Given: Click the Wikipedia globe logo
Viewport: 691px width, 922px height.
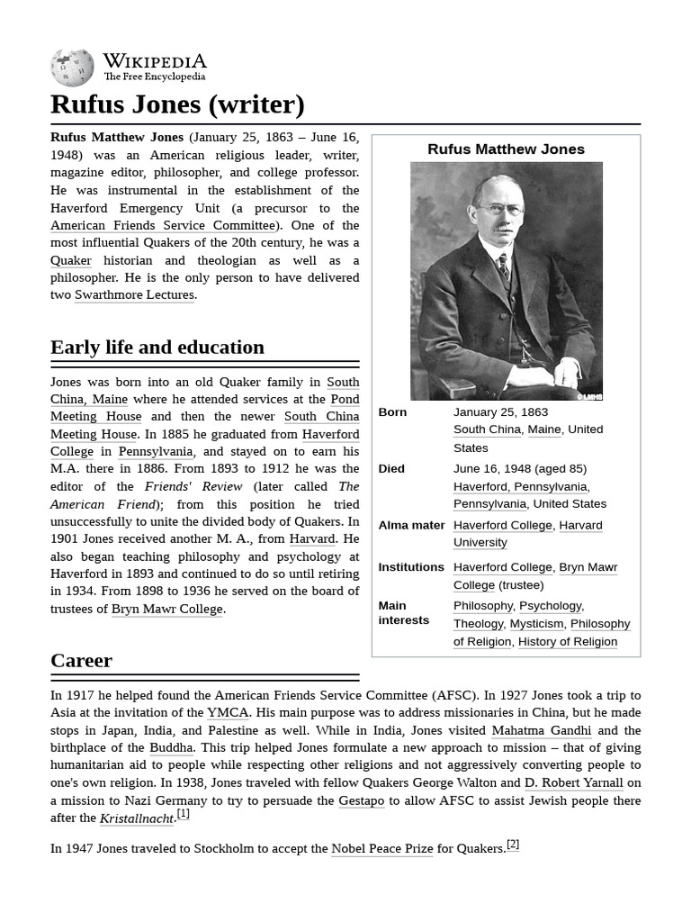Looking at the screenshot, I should [x=72, y=68].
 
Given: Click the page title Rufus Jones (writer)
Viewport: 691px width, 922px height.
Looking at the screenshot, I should [x=177, y=104].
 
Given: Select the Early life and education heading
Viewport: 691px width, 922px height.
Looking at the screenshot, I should [x=157, y=348].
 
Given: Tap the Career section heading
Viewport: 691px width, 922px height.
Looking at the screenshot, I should [x=81, y=661].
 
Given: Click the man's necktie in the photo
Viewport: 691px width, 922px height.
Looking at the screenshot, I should [x=503, y=266].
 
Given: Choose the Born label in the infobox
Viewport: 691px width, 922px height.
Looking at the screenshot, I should [x=392, y=412].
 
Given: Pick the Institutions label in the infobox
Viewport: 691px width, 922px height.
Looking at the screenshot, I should [x=410, y=567].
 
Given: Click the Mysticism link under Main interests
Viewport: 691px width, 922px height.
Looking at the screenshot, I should [x=536, y=624].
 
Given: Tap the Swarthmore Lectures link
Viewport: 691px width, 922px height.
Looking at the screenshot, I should [x=134, y=295].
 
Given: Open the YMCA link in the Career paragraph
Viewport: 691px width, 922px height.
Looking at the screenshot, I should [x=228, y=713].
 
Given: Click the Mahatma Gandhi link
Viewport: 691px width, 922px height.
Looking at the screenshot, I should [x=541, y=731].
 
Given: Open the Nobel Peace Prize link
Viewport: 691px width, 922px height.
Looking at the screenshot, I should [x=381, y=849].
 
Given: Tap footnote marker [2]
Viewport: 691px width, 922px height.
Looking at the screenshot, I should [x=513, y=845].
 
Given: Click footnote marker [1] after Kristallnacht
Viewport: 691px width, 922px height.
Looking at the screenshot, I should [x=183, y=814].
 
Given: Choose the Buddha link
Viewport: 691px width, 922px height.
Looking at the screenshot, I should [x=171, y=748].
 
